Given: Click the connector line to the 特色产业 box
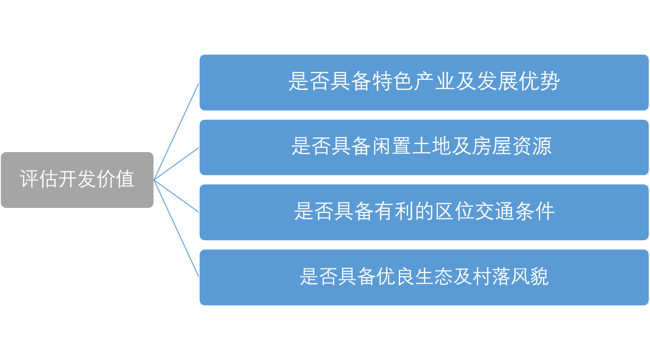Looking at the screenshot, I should click(177, 131).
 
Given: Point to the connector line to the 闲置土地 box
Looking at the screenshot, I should click(177, 163).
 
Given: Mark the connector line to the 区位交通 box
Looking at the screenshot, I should click(177, 196).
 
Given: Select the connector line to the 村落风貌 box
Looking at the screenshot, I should click(177, 229).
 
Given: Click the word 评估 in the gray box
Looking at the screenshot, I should click(39, 179).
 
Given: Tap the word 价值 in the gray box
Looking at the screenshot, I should click(115, 179).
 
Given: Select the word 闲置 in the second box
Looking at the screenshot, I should click(382, 146).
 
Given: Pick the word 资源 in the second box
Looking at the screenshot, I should click(532, 146).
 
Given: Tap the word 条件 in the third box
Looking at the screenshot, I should click(535, 211).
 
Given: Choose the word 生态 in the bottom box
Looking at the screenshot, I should click(424, 276).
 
